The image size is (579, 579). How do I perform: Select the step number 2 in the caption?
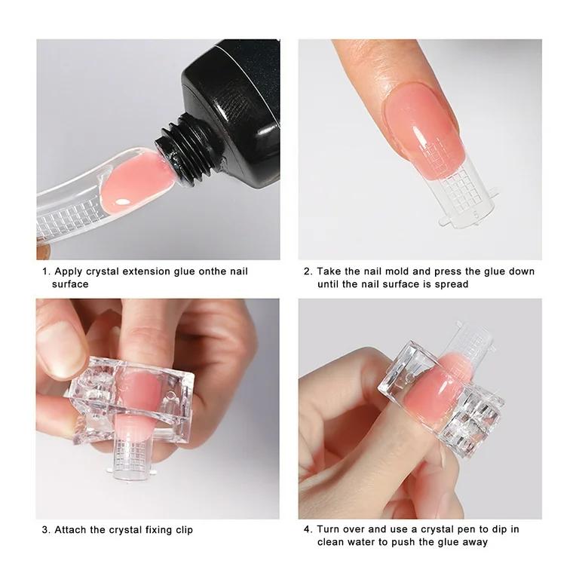coord(307,271)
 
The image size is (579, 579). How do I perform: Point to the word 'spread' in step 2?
coord(451,284)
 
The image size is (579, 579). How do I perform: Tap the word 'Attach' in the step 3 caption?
coord(71,530)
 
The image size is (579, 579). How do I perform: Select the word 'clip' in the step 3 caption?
coord(182,530)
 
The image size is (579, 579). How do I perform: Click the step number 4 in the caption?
coord(307,530)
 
